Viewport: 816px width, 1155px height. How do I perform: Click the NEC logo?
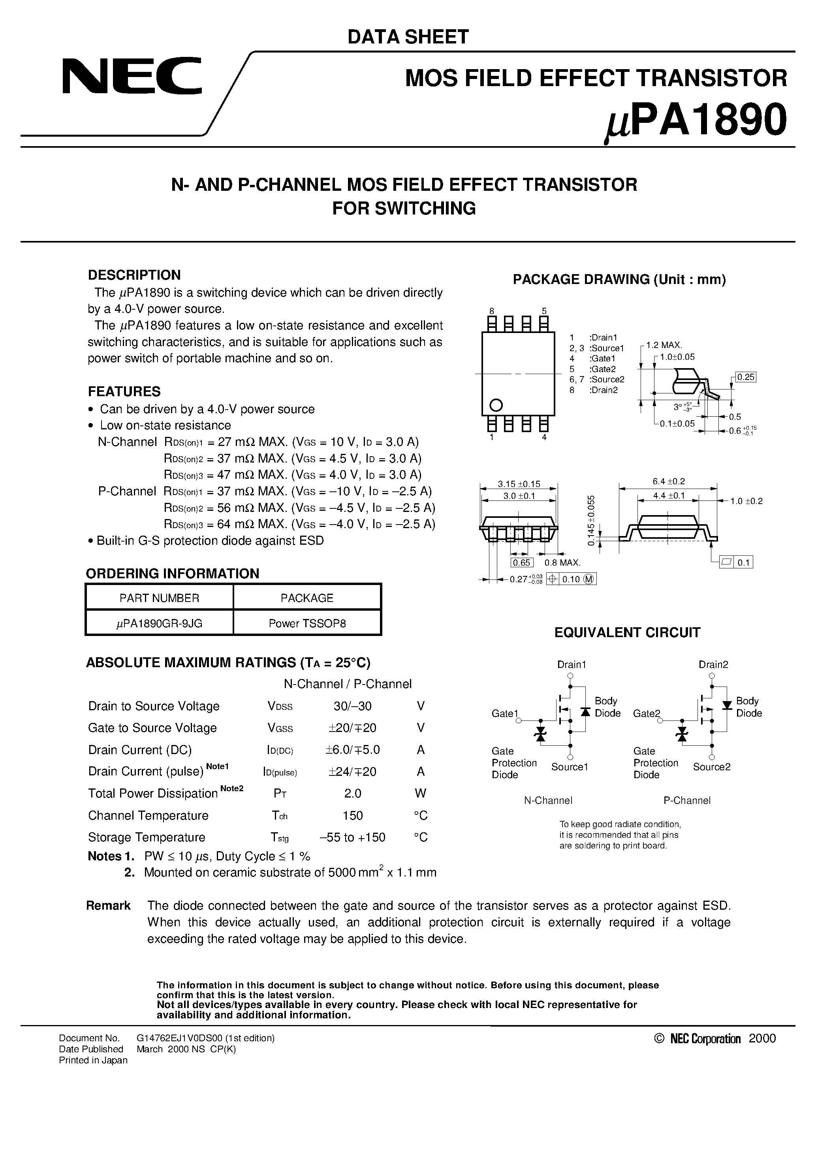tap(132, 75)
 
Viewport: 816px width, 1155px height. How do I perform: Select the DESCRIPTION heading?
tap(134, 275)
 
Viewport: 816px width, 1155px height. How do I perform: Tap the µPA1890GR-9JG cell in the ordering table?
tap(160, 624)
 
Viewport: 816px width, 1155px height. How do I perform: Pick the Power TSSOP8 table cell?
tap(307, 624)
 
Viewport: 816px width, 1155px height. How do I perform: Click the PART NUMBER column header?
tap(160, 598)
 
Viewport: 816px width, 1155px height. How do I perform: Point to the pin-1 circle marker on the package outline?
tap(496, 404)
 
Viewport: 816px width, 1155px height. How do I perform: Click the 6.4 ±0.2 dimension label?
tap(669, 482)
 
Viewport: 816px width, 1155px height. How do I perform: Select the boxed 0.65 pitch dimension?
tap(522, 563)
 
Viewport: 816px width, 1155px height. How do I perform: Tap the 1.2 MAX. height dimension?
tap(664, 345)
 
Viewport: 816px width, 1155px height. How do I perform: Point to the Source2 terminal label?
tap(711, 767)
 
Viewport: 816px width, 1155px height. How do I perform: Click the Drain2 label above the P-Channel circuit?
tap(713, 664)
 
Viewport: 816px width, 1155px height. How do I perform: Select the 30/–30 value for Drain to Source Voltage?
tap(352, 706)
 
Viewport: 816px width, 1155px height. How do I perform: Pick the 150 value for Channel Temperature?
tap(352, 815)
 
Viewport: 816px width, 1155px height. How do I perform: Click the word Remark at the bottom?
tap(108, 905)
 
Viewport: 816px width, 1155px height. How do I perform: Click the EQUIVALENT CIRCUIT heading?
tap(627, 633)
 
